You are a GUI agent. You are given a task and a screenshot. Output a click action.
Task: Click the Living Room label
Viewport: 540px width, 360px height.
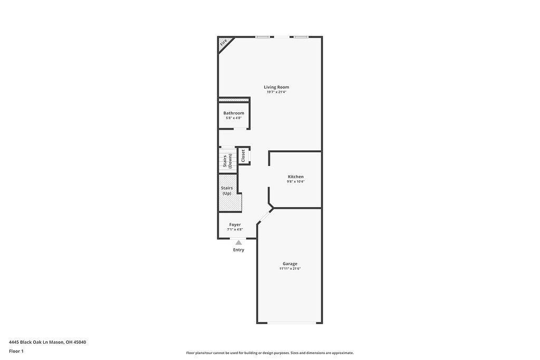[x=276, y=87]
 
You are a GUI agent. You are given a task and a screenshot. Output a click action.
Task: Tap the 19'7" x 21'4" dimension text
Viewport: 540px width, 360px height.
[x=276, y=92]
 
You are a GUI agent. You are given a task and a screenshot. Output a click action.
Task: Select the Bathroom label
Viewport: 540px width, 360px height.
[x=234, y=113]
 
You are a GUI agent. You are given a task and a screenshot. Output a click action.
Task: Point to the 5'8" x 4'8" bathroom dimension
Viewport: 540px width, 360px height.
[x=234, y=118]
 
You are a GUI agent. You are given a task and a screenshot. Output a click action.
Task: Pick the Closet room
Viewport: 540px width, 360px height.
[x=243, y=155]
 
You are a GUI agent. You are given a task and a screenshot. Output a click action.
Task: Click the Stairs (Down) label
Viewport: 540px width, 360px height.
[x=227, y=161]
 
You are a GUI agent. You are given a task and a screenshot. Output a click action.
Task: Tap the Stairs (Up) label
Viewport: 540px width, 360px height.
[x=227, y=191]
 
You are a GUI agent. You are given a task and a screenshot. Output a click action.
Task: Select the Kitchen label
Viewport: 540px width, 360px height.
[x=295, y=177]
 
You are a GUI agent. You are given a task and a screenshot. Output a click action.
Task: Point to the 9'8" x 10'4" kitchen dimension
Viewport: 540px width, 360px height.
[x=295, y=182]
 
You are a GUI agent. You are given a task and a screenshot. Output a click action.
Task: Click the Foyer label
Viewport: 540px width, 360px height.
[x=235, y=225]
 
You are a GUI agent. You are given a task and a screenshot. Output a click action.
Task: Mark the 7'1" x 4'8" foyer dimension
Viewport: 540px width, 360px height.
[x=235, y=230]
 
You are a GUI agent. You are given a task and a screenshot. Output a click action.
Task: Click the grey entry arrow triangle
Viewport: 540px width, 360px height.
[x=238, y=242]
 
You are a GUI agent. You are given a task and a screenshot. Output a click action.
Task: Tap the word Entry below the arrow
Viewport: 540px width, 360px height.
[x=238, y=250]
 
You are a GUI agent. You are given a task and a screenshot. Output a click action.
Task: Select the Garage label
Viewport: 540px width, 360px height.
[x=290, y=264]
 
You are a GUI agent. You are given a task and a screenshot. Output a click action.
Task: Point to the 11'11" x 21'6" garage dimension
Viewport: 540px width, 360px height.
[x=290, y=269]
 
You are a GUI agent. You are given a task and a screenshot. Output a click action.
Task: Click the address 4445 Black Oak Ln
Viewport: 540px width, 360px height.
[x=47, y=342]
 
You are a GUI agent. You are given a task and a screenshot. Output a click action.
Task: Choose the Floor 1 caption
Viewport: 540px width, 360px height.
[x=16, y=351]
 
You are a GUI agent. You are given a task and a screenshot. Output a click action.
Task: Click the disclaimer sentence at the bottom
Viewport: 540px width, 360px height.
[x=269, y=353]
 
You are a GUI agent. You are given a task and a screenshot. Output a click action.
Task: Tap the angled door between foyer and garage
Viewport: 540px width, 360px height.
[x=265, y=215]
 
